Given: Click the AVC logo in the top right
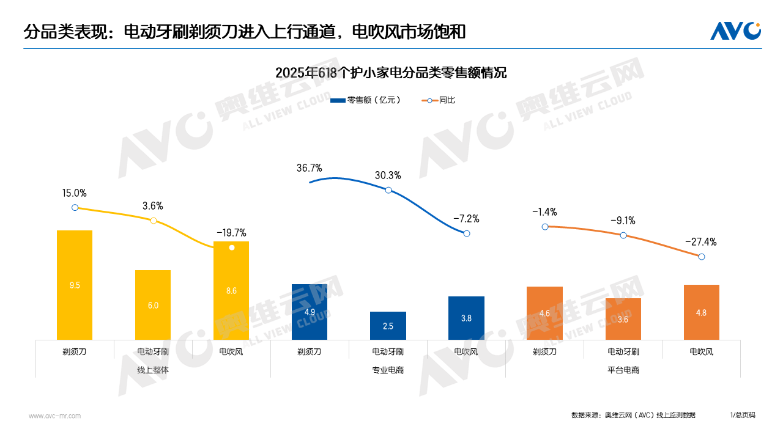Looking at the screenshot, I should (735, 31).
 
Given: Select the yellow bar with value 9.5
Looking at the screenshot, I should (75, 285).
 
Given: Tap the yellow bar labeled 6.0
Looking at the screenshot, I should (153, 305).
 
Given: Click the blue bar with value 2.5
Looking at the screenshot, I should (388, 326).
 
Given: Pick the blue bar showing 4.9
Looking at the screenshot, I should (310, 312).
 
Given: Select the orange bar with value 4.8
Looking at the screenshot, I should (701, 312).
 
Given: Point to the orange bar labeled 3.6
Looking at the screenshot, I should (623, 319).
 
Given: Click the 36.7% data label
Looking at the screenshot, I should (309, 168).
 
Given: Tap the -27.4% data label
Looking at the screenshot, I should (700, 242).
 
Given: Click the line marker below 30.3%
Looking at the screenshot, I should (388, 190).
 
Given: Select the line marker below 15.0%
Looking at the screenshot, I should (75, 208).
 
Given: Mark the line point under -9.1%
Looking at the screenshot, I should (623, 235).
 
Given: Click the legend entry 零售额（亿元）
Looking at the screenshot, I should (365, 100).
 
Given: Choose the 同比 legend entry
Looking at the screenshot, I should (439, 100).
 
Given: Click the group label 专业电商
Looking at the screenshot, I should (388, 370).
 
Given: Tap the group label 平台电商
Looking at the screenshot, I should (623, 370).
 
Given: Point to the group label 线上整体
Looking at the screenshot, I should (153, 370).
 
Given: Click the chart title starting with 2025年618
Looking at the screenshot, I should (391, 73).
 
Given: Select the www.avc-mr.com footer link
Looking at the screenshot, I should (54, 416).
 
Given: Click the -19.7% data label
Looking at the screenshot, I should (231, 233).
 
